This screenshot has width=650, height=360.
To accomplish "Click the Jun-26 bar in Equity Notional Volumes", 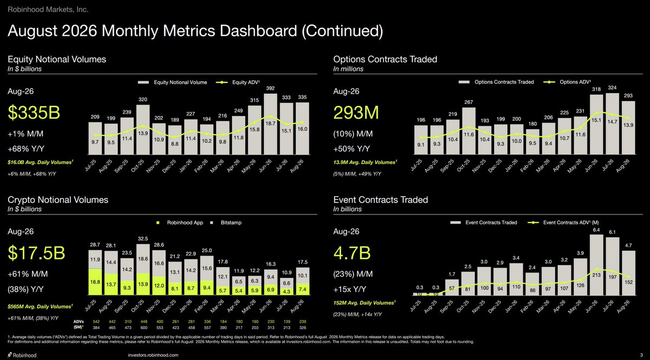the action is [x=270, y=124].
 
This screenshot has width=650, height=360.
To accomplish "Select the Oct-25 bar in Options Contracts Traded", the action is [x=469, y=131].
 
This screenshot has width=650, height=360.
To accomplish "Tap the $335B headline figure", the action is [x=34, y=112].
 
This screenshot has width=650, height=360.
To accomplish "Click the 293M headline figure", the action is [x=356, y=112].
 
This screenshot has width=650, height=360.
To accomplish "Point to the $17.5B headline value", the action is [x=37, y=253].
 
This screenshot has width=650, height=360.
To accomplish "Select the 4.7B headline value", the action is [x=352, y=253].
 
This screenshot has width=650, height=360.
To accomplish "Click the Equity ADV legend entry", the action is [x=238, y=82].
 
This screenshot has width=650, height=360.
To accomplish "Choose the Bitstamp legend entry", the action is [x=226, y=222].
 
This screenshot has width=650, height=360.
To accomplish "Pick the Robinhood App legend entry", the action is [x=180, y=222].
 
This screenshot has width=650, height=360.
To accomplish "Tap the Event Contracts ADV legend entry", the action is [x=563, y=222].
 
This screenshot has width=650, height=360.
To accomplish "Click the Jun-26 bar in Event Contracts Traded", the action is [x=596, y=265].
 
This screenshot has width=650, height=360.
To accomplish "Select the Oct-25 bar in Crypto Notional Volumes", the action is [x=143, y=270].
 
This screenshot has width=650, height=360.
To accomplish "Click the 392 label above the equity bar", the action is [x=270, y=88].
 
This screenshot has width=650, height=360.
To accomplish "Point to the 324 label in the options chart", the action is [x=612, y=88].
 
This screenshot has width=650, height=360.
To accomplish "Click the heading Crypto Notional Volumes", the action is [x=58, y=200].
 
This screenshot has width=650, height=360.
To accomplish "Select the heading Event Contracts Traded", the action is [x=381, y=200].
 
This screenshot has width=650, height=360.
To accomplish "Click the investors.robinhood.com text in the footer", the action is [x=153, y=355].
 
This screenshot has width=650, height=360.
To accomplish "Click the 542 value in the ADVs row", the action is [x=96, y=322].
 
